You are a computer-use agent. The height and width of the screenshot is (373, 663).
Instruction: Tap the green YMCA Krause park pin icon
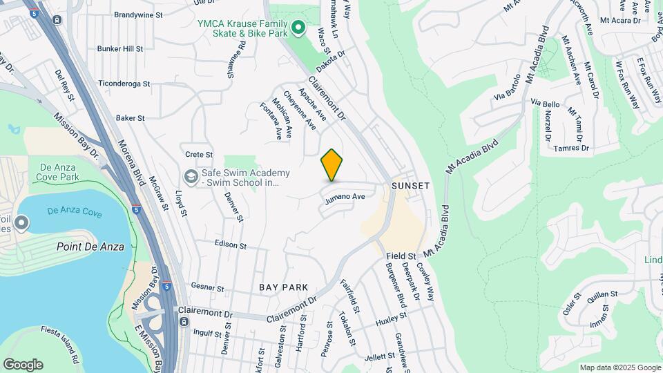[298, 28]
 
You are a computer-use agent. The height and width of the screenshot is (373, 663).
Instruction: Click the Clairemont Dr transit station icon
[184, 321]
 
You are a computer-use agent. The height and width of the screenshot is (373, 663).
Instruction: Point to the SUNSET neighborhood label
[411, 186]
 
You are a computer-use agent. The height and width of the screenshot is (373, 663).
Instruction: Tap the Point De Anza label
[90, 247]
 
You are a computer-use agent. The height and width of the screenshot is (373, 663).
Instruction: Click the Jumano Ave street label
[345, 197]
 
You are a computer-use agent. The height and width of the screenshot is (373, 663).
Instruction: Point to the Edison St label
[231, 245]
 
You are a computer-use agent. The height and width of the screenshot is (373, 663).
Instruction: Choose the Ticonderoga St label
[124, 84]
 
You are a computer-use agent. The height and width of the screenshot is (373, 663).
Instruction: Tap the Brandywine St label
[138, 14]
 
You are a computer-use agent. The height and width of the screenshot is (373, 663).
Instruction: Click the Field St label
[401, 256]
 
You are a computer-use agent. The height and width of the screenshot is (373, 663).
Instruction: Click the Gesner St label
[208, 287]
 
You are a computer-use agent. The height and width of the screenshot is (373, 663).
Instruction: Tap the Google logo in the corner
[23, 364]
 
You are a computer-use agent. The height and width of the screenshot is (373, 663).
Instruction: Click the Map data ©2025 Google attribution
[619, 367]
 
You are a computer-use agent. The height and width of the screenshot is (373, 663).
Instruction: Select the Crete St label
[199, 154]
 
